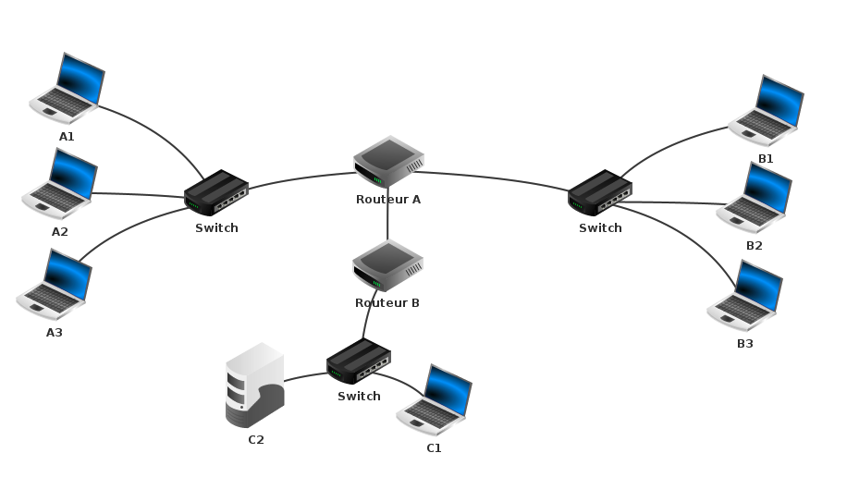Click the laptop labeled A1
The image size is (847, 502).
point(68,89)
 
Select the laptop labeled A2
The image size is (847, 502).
point(60,185)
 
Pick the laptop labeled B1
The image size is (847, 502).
point(766,111)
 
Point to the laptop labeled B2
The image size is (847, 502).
point(755,198)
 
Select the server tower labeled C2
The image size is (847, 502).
point(254,385)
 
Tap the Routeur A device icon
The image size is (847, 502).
point(388,162)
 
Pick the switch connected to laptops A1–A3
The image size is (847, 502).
point(216,192)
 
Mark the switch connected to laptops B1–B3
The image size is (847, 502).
point(600,192)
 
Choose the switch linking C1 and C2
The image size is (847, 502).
point(359,361)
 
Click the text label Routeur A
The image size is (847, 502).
point(388,200)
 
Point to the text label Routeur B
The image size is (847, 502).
point(387,303)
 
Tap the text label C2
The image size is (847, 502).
point(256,440)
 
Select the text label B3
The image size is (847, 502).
point(745,344)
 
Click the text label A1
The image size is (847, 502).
point(67,137)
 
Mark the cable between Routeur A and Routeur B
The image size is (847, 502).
point(387,220)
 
